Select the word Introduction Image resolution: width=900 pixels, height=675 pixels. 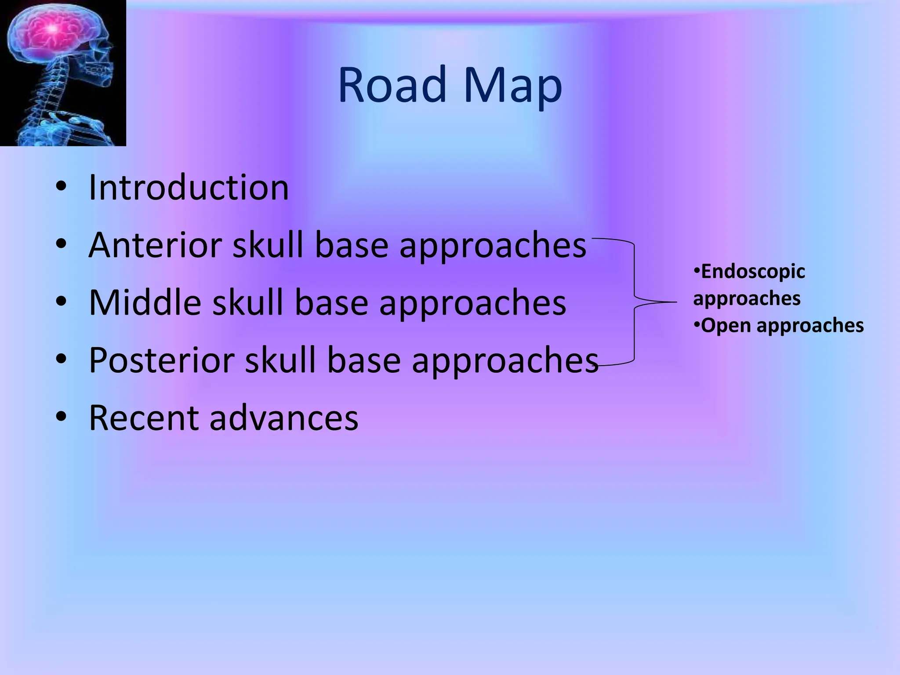[189, 188]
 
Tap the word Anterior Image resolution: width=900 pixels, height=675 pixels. [155, 245]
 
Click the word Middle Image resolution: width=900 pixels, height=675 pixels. [145, 303]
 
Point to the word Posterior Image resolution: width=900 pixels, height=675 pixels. [162, 360]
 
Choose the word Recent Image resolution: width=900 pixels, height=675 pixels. [143, 418]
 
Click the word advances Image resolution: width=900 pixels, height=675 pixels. [284, 418]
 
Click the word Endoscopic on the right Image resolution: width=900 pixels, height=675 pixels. [753, 272]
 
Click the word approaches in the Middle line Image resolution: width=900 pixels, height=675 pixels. [473, 304]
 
